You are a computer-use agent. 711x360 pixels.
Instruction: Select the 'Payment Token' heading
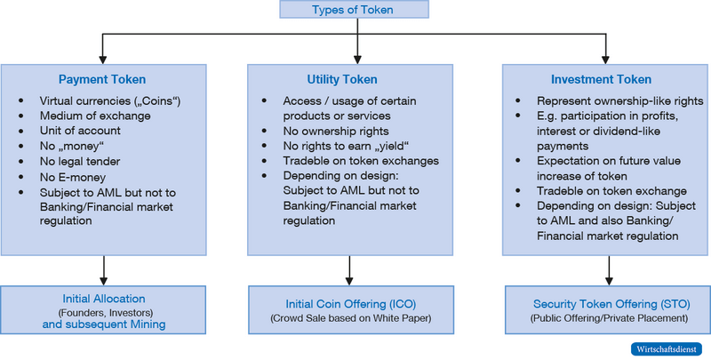pyautogui.click(x=101, y=79)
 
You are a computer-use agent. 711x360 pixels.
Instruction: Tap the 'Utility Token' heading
pyautogui.click(x=355, y=79)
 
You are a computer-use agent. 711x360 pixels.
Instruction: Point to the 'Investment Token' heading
pyautogui.click(x=608, y=79)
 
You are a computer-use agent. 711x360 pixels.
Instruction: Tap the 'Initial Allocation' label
pyautogui.click(x=104, y=299)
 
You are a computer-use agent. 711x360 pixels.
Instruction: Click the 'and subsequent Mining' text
pyautogui.click(x=104, y=324)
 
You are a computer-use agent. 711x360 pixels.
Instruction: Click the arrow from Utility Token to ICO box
pyautogui.click(x=355, y=265)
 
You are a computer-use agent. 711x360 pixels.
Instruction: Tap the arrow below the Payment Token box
pyautogui.click(x=104, y=265)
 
